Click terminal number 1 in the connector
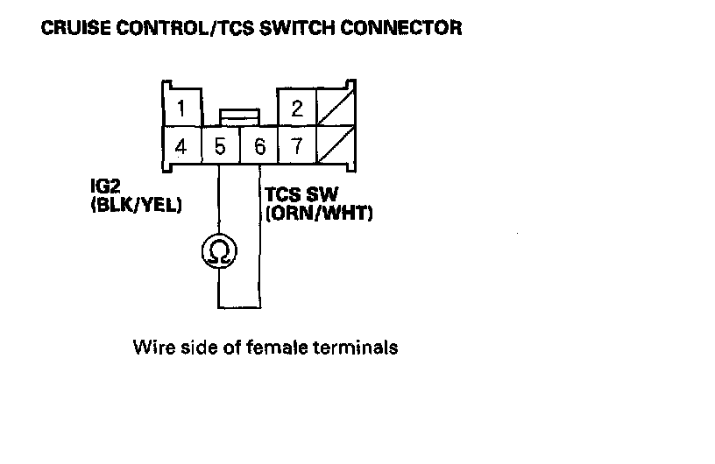click(181, 109)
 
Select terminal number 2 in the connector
click(297, 109)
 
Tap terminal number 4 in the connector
click(181, 146)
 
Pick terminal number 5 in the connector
click(219, 146)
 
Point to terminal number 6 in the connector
click(259, 146)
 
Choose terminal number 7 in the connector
click(297, 146)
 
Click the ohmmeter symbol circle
click(217, 251)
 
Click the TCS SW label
click(301, 194)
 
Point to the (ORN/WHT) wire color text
click(319, 213)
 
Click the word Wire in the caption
click(150, 348)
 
